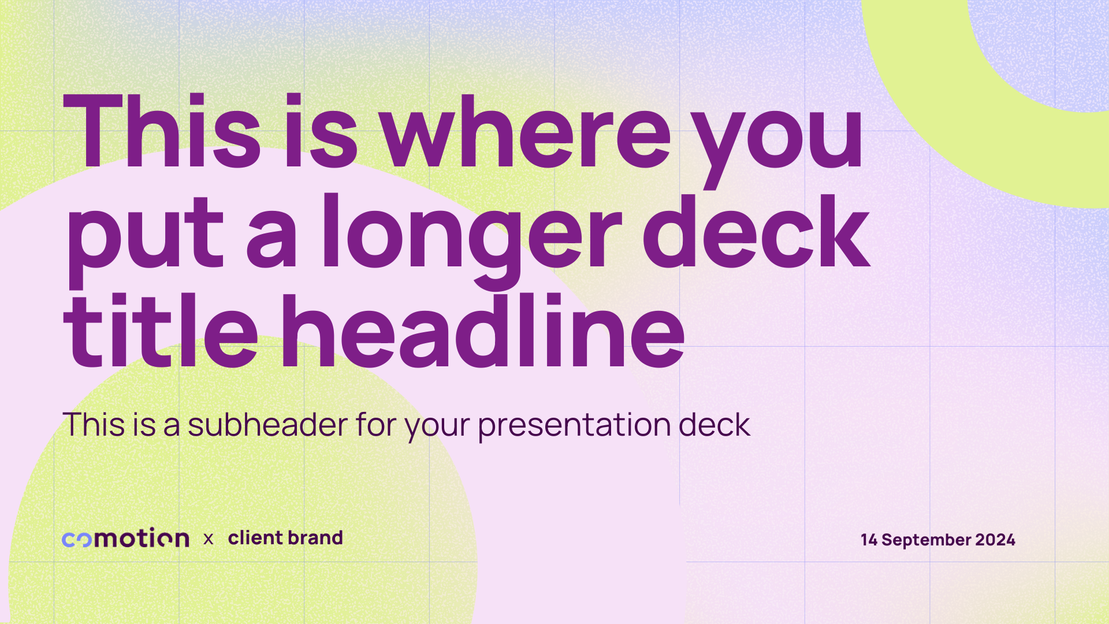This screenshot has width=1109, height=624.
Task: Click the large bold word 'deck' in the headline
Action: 757,231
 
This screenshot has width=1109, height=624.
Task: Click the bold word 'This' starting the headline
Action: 162,131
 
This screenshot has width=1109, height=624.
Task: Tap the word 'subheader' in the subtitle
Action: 267,425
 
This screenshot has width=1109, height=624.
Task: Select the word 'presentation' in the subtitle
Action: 574,426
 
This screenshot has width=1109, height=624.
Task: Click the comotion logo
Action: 125,538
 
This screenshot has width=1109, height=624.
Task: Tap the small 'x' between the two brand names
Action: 209,539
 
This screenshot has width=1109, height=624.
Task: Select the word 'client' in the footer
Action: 255,538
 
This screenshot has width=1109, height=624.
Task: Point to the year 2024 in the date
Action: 995,540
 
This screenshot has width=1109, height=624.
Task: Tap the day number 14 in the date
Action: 869,540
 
